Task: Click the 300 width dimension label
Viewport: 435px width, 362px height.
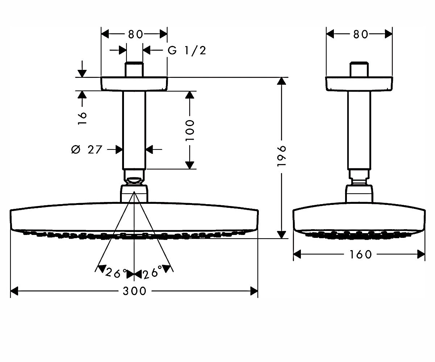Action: pyautogui.click(x=134, y=291)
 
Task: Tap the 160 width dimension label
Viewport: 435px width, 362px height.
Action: pyautogui.click(x=360, y=254)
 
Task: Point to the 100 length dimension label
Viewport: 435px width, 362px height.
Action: pyautogui.click(x=190, y=130)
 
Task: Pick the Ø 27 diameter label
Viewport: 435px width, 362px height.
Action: pyautogui.click(x=87, y=150)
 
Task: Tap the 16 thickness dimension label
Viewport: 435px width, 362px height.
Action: pyautogui.click(x=82, y=118)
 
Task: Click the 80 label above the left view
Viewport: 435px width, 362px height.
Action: pyautogui.click(x=136, y=34)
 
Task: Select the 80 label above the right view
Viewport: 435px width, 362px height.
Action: pyautogui.click(x=360, y=34)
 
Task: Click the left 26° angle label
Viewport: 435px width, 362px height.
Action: pyautogui.click(x=116, y=273)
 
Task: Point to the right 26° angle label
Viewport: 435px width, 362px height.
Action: pyautogui.click(x=153, y=272)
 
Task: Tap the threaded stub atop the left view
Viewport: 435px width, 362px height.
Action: pyautogui.click(x=134, y=69)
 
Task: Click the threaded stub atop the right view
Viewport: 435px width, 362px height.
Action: pyautogui.click(x=359, y=69)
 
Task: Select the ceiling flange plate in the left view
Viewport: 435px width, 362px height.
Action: pyautogui.click(x=134, y=84)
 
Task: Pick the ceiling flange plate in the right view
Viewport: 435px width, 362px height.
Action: pyautogui.click(x=359, y=84)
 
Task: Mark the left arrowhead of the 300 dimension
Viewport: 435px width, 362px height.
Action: pyautogui.click(x=14, y=291)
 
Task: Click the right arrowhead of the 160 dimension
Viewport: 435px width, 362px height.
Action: pyautogui.click(x=421, y=254)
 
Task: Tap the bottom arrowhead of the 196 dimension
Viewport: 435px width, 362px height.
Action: pyautogui.click(x=281, y=235)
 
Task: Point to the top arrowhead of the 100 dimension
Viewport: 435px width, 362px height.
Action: pyautogui.click(x=190, y=95)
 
